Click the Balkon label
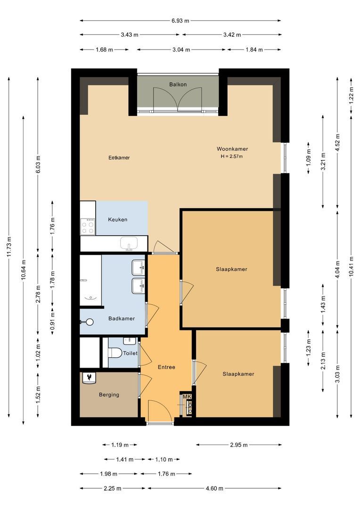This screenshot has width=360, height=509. pyautogui.click(x=178, y=85)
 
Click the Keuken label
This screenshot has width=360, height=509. pyautogui.click(x=117, y=220)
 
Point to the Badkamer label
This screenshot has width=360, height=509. pyautogui.click(x=122, y=319)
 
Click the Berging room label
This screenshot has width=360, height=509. pyautogui.click(x=109, y=395)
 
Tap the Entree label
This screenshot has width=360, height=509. pyautogui.click(x=166, y=367)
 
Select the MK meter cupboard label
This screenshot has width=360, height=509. pyautogui.click(x=187, y=397)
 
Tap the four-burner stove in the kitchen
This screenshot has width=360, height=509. pyautogui.click(x=88, y=227)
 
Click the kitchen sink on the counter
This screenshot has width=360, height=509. pyautogui.click(x=129, y=244)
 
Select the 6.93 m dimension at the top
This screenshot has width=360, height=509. pyautogui.click(x=180, y=21)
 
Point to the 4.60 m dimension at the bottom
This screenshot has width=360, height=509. pyautogui.click(x=214, y=488)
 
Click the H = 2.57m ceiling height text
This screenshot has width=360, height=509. pyautogui.click(x=231, y=156)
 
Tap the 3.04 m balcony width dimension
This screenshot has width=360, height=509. pyautogui.click(x=181, y=49)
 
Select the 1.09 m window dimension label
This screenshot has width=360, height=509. pyautogui.click(x=309, y=158)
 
